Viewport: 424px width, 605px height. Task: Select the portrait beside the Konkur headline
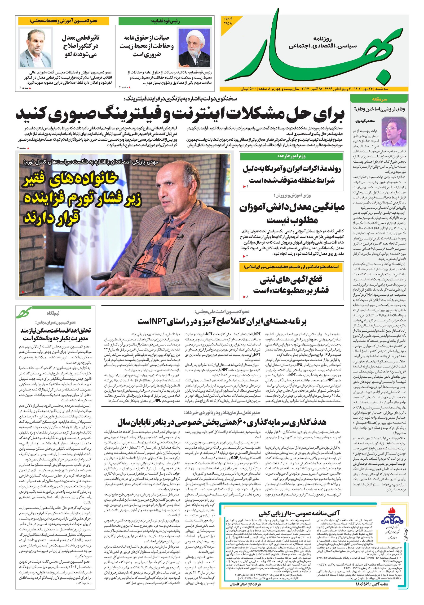click(36, 48)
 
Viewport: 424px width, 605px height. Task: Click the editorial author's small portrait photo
click(397, 128)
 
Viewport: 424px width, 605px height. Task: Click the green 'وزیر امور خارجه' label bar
click(291, 156)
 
